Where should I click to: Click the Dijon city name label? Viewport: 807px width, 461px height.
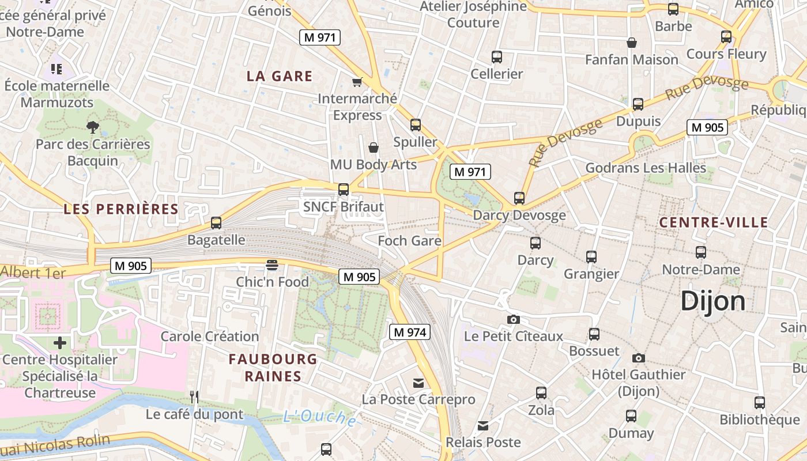(713, 301)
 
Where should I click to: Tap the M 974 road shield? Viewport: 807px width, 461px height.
(410, 332)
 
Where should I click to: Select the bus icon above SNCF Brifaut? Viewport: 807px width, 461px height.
(344, 189)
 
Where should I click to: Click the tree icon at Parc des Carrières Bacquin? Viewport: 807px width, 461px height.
(92, 127)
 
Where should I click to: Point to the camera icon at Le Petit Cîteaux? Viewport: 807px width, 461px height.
(513, 319)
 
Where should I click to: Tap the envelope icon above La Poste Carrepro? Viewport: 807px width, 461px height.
(418, 383)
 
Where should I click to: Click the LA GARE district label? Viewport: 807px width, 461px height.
(280, 76)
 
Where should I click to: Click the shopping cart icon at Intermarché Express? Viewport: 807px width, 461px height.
(357, 82)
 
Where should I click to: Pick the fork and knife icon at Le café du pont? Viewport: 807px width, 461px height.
(194, 396)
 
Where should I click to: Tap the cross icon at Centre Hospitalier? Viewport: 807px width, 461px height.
(60, 343)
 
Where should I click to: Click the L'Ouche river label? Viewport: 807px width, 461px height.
(319, 417)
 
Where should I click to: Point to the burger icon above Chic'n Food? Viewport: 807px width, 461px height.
(272, 264)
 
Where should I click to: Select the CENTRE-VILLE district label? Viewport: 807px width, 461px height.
(714, 222)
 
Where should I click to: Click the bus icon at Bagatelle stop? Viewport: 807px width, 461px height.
(216, 222)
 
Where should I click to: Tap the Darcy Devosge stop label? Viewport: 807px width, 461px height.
(519, 216)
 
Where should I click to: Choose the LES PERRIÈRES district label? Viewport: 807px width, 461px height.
(121, 209)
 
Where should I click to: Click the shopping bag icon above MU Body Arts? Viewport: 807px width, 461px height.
(374, 148)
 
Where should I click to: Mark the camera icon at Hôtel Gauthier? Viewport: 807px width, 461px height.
(638, 358)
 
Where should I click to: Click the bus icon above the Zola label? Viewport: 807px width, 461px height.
(541, 393)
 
